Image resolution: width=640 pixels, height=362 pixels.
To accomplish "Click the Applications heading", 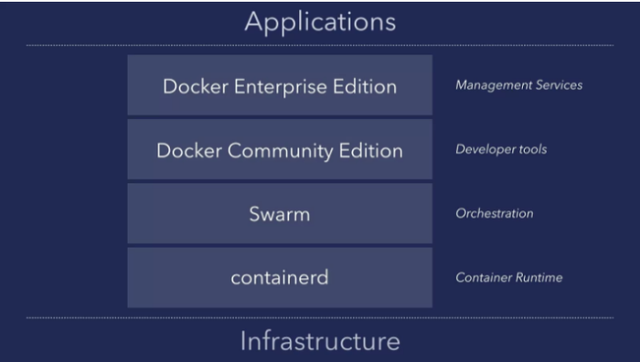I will pyautogui.click(x=320, y=21).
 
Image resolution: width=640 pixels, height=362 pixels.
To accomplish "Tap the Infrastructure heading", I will pyautogui.click(x=320, y=341).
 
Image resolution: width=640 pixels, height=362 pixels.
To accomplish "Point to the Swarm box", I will pyautogui.click(x=279, y=214).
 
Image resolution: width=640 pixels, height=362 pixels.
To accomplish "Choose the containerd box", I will pyautogui.click(x=279, y=278).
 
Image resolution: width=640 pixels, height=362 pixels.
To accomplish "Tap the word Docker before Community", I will pyautogui.click(x=186, y=151).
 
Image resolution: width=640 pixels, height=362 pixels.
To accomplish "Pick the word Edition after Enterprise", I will pyautogui.click(x=366, y=87).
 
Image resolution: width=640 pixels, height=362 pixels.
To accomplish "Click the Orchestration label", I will pyautogui.click(x=495, y=213).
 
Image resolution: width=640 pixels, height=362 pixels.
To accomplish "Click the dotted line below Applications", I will pyautogui.click(x=320, y=45).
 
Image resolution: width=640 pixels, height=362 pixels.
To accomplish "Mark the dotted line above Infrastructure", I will pyautogui.click(x=320, y=318).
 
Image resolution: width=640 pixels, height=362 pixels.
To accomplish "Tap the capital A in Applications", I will pyautogui.click(x=254, y=21).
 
